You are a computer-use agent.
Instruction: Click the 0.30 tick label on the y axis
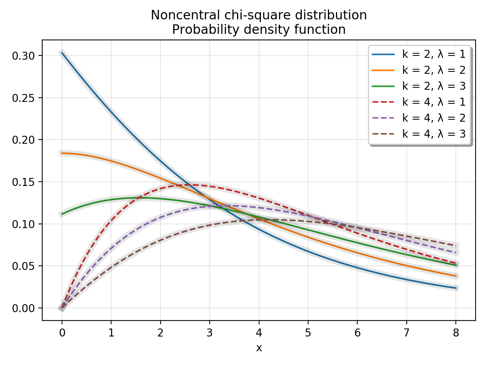point(23,56)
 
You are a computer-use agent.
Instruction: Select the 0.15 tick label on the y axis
point(23,182)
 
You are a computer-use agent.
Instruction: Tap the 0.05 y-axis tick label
point(23,266)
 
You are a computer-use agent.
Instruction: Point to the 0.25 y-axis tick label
point(23,98)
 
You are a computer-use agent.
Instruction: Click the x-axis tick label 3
point(210,333)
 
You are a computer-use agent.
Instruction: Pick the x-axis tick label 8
point(456,333)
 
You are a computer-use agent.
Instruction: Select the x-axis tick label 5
point(308,333)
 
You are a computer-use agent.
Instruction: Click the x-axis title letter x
point(259,348)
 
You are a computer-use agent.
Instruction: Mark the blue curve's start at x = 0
point(62,52)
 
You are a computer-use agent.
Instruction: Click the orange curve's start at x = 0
point(62,153)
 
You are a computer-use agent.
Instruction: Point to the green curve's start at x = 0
point(62,214)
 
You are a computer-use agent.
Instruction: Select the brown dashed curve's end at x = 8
point(456,245)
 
